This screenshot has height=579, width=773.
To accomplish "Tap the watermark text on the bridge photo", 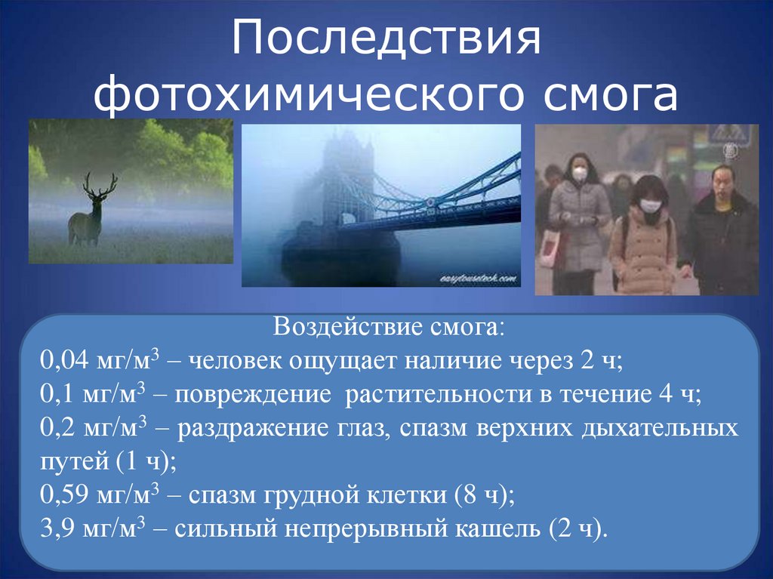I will coord(479,279).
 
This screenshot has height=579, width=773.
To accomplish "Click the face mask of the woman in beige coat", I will coord(650,205).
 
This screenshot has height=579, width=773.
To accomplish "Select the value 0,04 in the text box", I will coord(65,362).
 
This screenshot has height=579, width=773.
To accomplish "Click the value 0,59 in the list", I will coord(65,496).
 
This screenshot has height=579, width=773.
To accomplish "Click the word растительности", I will coord(448,395).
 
